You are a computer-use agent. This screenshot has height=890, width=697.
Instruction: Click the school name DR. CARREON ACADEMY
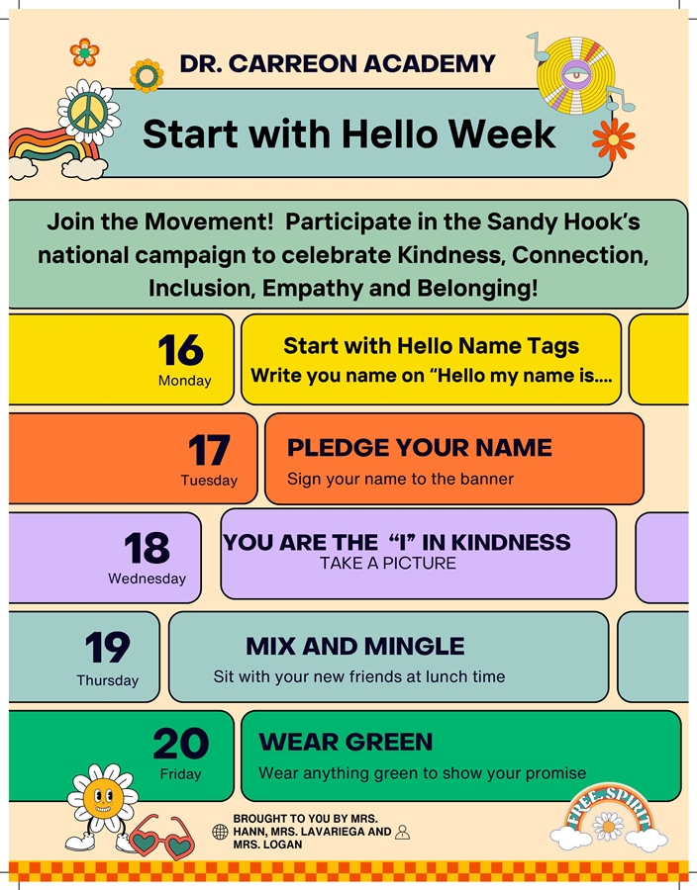point(338,64)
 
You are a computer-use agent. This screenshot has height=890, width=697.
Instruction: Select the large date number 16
point(180,350)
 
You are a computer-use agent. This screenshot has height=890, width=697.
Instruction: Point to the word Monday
point(184,381)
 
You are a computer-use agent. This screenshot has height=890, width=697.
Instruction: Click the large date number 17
point(209,451)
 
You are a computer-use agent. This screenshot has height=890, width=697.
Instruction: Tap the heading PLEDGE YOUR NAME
point(420,447)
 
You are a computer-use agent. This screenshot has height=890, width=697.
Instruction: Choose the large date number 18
point(147,548)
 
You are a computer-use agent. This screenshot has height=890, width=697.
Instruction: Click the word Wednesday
point(147,578)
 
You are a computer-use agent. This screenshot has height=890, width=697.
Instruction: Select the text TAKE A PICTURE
point(388,564)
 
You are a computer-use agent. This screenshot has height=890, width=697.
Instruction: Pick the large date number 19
point(107,649)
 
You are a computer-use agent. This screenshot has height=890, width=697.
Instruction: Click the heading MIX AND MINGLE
point(355,647)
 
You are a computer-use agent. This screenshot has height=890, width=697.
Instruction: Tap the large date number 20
point(181,744)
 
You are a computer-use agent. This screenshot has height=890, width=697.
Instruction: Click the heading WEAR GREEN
point(346,742)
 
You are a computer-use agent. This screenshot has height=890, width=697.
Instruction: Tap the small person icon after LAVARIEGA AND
point(402,833)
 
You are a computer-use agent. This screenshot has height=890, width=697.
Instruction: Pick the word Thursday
point(108,680)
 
